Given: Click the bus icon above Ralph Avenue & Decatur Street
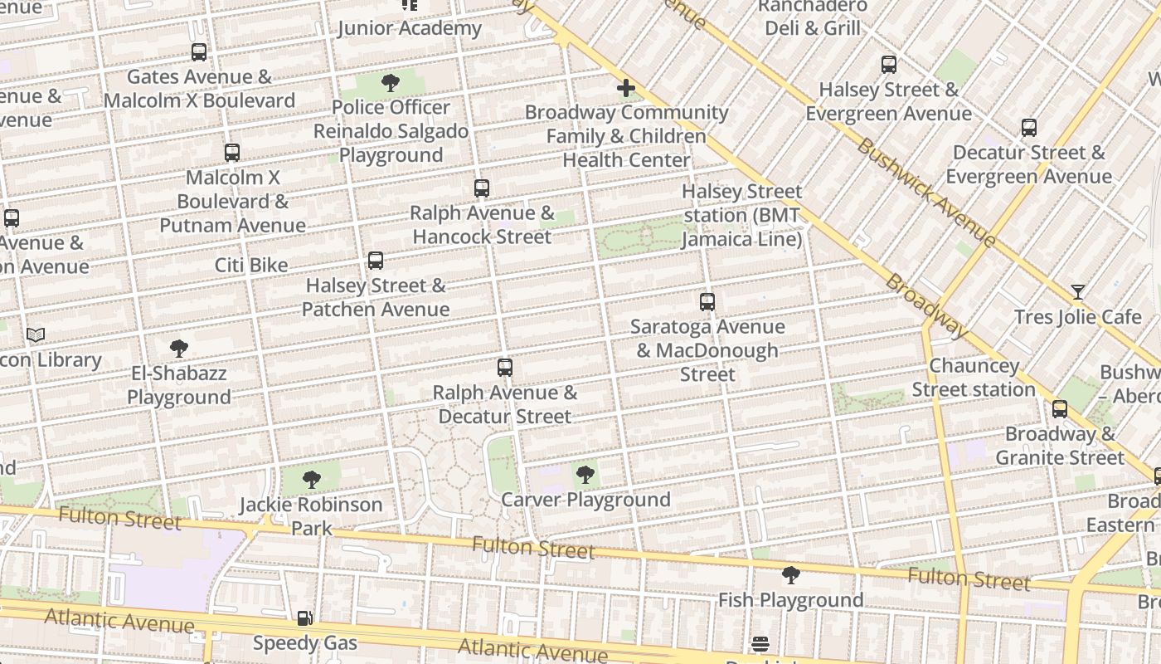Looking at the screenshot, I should [x=504, y=367].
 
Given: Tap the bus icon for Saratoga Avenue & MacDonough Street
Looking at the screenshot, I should [x=707, y=302].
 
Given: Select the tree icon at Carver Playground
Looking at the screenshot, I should [x=585, y=475].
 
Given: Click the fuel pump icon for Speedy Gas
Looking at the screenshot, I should [x=305, y=618].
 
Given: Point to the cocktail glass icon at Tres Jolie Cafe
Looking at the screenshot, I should [x=1077, y=292].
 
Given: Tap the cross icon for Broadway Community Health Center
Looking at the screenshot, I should [x=626, y=88].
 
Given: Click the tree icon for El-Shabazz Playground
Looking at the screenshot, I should [x=178, y=349].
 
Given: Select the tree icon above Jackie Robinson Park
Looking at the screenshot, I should [x=311, y=480].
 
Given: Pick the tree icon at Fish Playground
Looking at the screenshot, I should [x=790, y=575].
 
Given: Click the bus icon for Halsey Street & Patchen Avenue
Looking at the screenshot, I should [x=376, y=261].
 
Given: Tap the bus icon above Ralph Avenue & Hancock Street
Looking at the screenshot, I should [x=482, y=188].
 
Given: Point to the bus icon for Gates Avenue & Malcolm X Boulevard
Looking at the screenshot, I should [x=199, y=52].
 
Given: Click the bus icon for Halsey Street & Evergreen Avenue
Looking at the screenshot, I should [x=889, y=65].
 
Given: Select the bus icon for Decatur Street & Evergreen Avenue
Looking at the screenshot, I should [x=1029, y=128].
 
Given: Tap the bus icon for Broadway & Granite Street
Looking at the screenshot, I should [x=1060, y=409].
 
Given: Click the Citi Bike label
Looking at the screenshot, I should [x=251, y=266].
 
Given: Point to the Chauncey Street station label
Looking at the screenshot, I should [x=974, y=378].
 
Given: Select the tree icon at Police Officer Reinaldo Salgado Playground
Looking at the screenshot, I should [x=391, y=83].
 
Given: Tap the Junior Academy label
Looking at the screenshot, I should [x=410, y=28].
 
